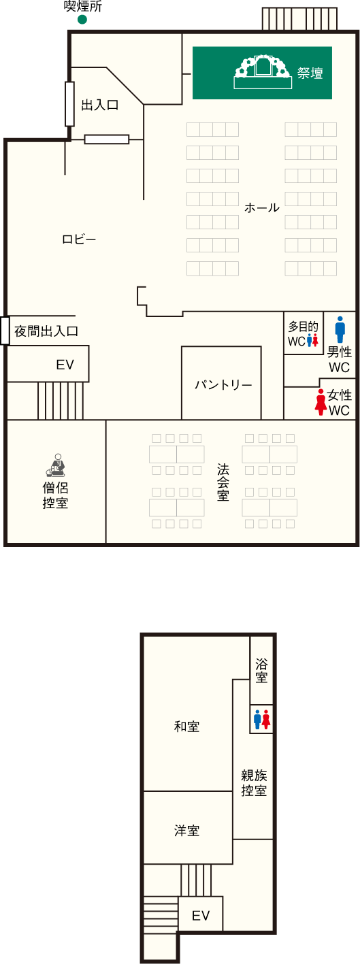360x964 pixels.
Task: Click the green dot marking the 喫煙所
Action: (x=82, y=19)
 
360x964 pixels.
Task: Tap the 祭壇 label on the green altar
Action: (x=310, y=73)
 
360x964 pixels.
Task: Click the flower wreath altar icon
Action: (x=263, y=72)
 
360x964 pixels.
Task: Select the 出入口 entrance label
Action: (x=100, y=105)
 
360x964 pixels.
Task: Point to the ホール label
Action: (x=262, y=207)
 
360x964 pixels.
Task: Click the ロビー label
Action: (x=79, y=239)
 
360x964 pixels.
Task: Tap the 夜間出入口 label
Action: (x=46, y=331)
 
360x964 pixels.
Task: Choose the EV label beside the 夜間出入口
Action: (x=65, y=365)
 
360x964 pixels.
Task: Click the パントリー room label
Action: (x=223, y=384)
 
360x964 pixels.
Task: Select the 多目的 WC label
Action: (x=303, y=333)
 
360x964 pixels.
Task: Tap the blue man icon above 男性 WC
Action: (x=340, y=330)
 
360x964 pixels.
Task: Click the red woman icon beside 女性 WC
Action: (x=321, y=402)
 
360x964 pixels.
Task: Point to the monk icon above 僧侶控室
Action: (x=56, y=465)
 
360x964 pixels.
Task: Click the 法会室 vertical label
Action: (x=223, y=482)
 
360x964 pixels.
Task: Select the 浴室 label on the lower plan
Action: (x=261, y=671)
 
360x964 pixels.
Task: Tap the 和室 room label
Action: (x=186, y=727)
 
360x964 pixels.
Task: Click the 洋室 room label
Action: (x=186, y=831)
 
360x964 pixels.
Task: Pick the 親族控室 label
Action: (x=254, y=783)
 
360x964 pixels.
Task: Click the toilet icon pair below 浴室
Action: (x=261, y=720)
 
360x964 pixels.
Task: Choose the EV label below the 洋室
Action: (x=201, y=916)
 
